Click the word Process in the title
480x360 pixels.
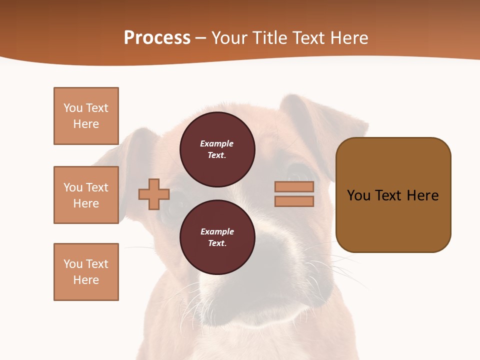157,38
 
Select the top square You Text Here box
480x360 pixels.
86,116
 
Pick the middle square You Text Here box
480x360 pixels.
86,195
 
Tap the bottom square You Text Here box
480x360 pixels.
86,272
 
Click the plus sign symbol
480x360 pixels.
154,194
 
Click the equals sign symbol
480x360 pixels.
294,194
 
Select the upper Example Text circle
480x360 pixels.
217,149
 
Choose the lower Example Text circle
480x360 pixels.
217,237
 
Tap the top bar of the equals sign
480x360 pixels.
294,186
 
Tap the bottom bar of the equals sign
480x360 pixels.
294,201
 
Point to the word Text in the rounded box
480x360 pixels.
389,195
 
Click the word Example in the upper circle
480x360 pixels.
216,143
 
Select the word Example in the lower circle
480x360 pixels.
217,231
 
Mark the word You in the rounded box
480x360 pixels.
358,195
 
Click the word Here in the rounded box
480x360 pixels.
422,195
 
